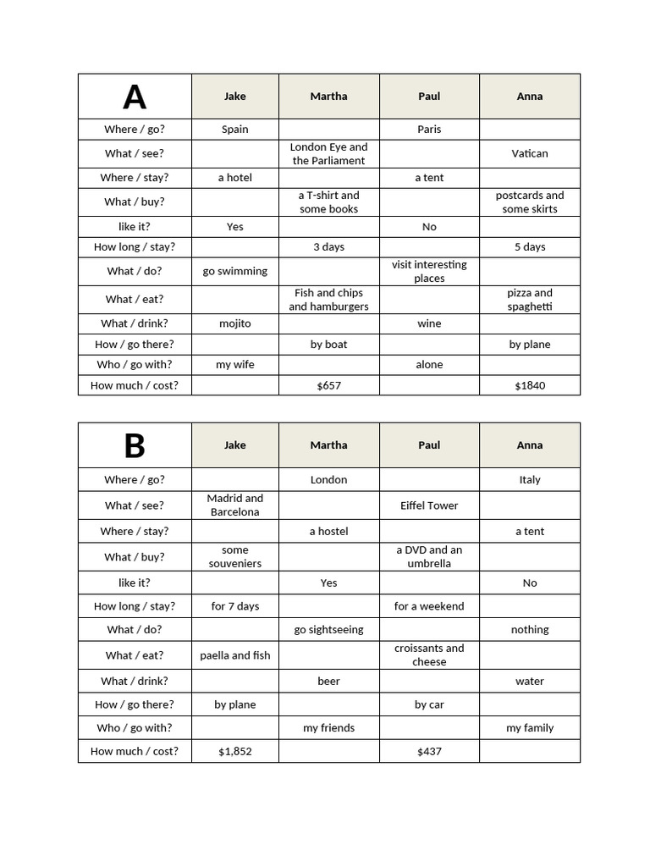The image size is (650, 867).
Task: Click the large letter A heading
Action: pyautogui.click(x=135, y=97)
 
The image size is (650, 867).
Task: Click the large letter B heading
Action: pyautogui.click(x=135, y=445)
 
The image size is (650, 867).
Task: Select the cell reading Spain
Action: pyautogui.click(x=235, y=130)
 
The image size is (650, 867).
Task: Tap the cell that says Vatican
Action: pyautogui.click(x=530, y=153)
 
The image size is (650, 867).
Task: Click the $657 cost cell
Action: pyautogui.click(x=328, y=385)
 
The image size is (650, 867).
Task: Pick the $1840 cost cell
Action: pyautogui.click(x=530, y=385)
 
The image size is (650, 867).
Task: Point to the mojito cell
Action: pyautogui.click(x=235, y=323)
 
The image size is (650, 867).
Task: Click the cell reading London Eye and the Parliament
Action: pyautogui.click(x=328, y=153)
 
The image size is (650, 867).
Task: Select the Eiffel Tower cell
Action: pyautogui.click(x=429, y=505)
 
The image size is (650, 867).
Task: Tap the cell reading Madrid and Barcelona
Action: pyautogui.click(x=235, y=505)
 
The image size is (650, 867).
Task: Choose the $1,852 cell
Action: pyautogui.click(x=235, y=751)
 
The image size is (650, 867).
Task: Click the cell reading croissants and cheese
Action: pyautogui.click(x=429, y=654)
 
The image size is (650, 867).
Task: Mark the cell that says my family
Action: pyautogui.click(x=530, y=727)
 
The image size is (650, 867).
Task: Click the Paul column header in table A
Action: pyautogui.click(x=429, y=97)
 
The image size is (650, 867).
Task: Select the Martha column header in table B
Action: pyautogui.click(x=328, y=445)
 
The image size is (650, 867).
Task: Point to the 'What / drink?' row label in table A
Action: pyautogui.click(x=135, y=323)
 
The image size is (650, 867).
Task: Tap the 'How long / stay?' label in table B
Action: pyautogui.click(x=135, y=606)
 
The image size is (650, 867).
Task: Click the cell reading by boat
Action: pyautogui.click(x=328, y=344)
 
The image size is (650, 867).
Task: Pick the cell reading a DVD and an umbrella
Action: pyautogui.click(x=429, y=556)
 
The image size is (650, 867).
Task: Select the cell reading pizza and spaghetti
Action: pyautogui.click(x=530, y=299)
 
